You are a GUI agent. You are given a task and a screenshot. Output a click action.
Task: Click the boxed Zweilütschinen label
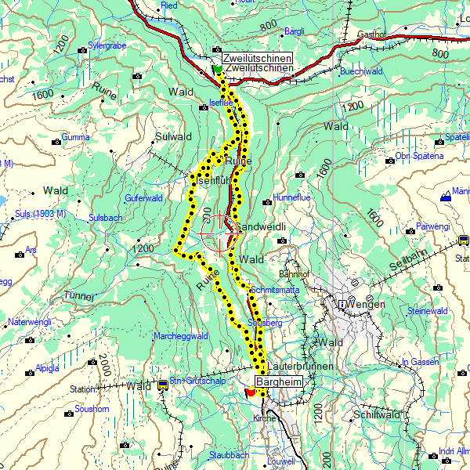click(256, 59)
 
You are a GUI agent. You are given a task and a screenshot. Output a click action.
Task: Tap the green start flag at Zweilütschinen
click(217, 69)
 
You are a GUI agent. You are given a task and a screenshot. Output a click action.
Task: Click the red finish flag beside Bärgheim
click(250, 392)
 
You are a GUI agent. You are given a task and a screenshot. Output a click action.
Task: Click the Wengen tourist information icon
click(342, 304)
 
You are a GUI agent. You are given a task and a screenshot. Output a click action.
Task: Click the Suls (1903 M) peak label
click(38, 214)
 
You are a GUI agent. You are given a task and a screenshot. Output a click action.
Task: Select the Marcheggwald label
click(180, 336)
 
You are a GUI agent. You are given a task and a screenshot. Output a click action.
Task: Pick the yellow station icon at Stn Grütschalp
click(163, 385)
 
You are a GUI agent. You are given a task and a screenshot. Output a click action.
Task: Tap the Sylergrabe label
click(107, 46)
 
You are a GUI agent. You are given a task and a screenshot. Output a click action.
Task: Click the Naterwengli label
click(29, 322)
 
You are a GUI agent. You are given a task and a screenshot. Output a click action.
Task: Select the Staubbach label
click(229, 454)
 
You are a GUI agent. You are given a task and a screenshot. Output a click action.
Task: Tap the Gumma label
click(76, 138)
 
